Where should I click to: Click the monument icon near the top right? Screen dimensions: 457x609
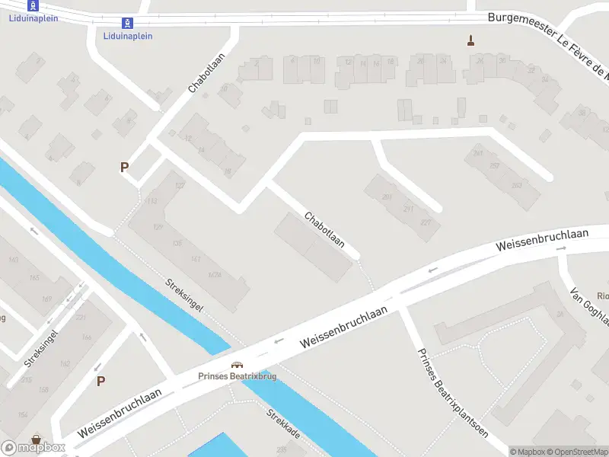[471, 40]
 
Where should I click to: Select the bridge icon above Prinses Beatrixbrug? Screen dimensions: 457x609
[237, 365]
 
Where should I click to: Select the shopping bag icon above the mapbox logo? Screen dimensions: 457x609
[36, 439]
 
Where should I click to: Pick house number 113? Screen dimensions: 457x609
[150, 201]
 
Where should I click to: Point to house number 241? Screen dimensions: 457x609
[478, 153]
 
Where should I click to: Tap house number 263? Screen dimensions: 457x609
[517, 185]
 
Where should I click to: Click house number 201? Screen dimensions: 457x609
[387, 197]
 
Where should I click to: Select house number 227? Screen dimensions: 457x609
[425, 222]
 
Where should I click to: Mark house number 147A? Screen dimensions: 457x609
[215, 275]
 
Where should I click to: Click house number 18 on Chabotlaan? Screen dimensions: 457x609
[227, 172]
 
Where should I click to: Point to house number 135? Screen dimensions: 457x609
[177, 243]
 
